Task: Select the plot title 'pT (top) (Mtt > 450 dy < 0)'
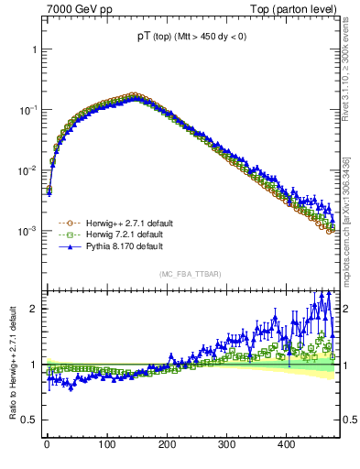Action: pos(191,37)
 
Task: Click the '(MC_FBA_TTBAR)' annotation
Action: pos(191,274)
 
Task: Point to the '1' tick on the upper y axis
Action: pos(34,49)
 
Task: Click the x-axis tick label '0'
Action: pos(47,444)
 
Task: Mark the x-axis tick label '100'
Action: pos(106,444)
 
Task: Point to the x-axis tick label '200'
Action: pos(167,444)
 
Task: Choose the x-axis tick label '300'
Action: pos(226,444)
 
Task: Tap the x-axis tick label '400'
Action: pos(286,444)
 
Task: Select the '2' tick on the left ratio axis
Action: pos(34,309)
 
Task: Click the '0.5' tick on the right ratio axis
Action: pos(350,420)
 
